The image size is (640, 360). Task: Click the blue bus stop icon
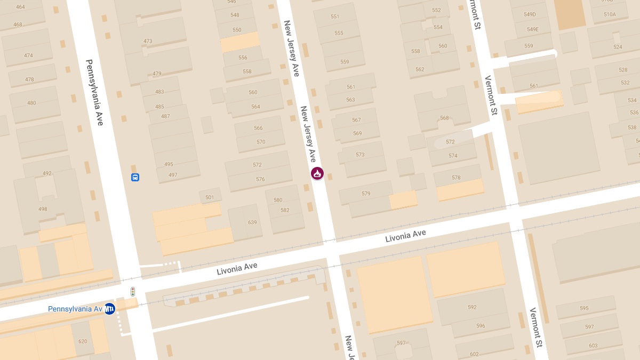[x=135, y=177]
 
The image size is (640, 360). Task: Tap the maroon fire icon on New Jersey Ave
[x=317, y=173]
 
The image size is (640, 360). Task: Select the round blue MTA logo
[x=109, y=309]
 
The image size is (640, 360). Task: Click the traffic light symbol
[x=133, y=292]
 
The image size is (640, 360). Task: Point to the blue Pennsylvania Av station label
[x=75, y=309]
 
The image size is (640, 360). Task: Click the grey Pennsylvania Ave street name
[x=94, y=92]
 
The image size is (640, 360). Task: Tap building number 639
[x=252, y=222]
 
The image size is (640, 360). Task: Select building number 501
[x=210, y=197]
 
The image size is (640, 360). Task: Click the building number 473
[x=148, y=41]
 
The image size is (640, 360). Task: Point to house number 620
[x=83, y=341]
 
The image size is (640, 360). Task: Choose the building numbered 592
[x=472, y=307]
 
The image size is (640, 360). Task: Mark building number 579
[x=366, y=194]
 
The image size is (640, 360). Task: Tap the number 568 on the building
[x=444, y=118]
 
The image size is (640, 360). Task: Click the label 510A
[x=610, y=15]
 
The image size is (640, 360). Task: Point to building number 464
[x=20, y=7]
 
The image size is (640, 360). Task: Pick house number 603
[x=593, y=346]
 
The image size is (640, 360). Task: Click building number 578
[x=456, y=178]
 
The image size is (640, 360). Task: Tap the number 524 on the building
[x=618, y=47]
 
